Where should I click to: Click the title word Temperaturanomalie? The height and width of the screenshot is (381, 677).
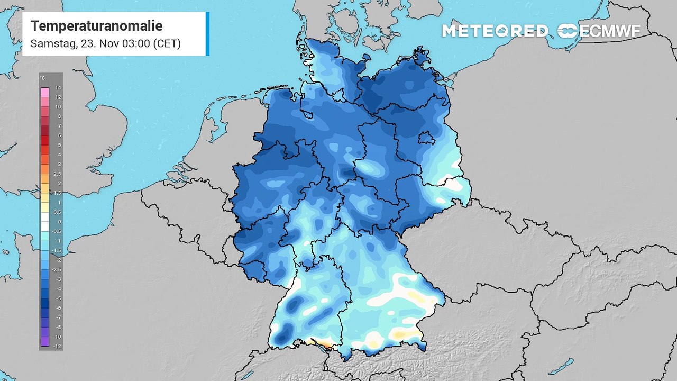click(x=96, y=26)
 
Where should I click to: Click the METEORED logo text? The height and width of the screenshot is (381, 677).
click(x=495, y=31)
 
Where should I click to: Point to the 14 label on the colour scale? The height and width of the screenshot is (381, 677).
click(x=58, y=88)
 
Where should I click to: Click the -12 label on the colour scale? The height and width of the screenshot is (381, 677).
click(x=57, y=346)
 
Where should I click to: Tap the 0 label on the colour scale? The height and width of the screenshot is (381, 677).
click(x=58, y=222)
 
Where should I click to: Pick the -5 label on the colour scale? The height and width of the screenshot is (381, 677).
click(x=58, y=298)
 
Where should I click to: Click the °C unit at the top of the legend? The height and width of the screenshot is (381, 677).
click(x=42, y=78)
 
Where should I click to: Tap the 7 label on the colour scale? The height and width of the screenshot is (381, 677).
click(x=58, y=126)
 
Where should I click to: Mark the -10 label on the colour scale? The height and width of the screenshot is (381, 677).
click(x=57, y=337)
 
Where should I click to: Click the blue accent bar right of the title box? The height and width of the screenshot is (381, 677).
click(x=207, y=33)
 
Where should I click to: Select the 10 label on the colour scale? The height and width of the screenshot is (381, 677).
click(x=58, y=107)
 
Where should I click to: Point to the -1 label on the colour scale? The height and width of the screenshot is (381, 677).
click(x=58, y=241)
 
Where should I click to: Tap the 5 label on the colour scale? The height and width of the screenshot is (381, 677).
click(x=58, y=145)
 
